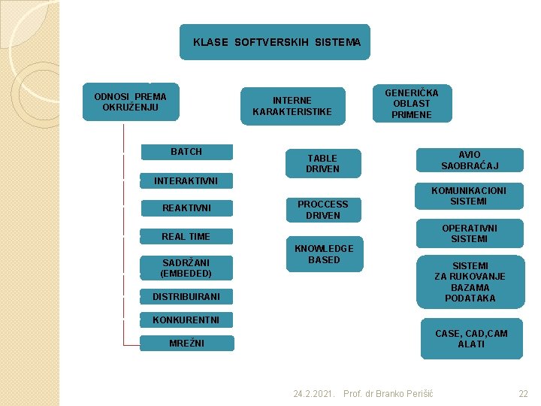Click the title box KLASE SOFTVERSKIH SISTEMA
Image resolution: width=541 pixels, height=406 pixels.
[x=276, y=42]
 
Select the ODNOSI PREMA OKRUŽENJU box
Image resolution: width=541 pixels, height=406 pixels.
[x=130, y=101]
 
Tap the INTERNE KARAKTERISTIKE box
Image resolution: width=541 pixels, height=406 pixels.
[x=292, y=106]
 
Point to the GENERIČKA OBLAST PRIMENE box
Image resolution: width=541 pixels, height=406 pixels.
[x=412, y=104]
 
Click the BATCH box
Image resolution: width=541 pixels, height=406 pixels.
[x=186, y=152]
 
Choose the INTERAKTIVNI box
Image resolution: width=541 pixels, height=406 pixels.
[x=186, y=180]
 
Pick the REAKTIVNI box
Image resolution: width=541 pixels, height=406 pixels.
[x=186, y=208]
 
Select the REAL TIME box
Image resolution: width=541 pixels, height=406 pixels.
[x=186, y=237]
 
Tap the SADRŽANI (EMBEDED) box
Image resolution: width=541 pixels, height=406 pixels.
[x=186, y=268]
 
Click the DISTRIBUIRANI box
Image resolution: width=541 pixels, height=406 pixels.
[x=186, y=297]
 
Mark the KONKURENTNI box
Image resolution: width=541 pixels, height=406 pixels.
[x=186, y=320]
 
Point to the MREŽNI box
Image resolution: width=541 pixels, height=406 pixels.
[x=186, y=344]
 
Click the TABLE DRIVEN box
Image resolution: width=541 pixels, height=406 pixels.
[x=322, y=164]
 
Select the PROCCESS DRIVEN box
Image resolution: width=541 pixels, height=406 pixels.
[x=322, y=210]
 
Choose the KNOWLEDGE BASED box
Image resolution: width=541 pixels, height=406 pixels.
[x=323, y=254]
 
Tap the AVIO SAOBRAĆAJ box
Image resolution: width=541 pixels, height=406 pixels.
[x=470, y=160]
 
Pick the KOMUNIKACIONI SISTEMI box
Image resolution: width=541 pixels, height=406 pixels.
[x=469, y=196]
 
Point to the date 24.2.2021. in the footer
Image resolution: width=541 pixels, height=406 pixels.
[x=314, y=394]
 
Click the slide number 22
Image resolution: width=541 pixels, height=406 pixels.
[x=524, y=394]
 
